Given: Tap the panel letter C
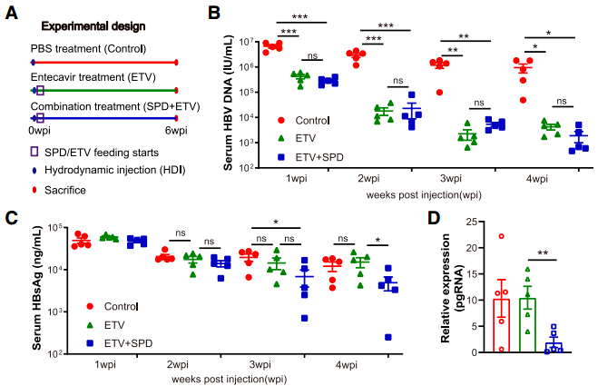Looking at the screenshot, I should (9, 217).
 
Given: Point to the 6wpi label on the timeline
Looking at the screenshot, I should (176, 131).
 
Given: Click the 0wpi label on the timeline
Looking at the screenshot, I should (39, 131).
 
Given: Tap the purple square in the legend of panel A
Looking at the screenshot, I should (34, 150).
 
